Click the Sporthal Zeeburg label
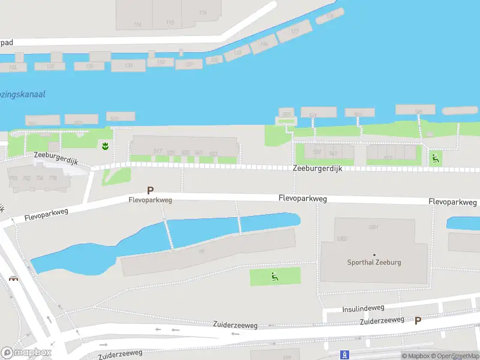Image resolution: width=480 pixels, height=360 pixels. [x=374, y=262]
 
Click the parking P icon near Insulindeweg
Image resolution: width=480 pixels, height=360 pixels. [x=418, y=320]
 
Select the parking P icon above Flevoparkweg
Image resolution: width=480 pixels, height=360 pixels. [x=150, y=190]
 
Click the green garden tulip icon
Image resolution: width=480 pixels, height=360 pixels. [x=105, y=146]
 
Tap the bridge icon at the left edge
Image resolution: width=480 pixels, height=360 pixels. [x=13, y=278]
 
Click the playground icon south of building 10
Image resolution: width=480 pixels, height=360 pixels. [x=275, y=277]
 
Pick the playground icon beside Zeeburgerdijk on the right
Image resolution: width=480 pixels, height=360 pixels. [x=435, y=158]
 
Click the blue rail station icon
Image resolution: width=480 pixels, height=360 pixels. [x=344, y=355]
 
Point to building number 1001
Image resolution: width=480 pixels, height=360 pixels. [x=374, y=227]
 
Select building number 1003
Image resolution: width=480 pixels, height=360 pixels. [x=341, y=239]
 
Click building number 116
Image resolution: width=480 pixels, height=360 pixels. [x=203, y=12]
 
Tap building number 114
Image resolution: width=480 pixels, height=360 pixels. [x=137, y=25]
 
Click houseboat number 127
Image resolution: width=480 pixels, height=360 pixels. [x=294, y=31]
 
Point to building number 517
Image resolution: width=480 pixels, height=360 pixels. [x=158, y=151]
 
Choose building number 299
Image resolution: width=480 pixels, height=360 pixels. [x=287, y=356]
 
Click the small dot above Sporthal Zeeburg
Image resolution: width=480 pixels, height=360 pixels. [x=374, y=255]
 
